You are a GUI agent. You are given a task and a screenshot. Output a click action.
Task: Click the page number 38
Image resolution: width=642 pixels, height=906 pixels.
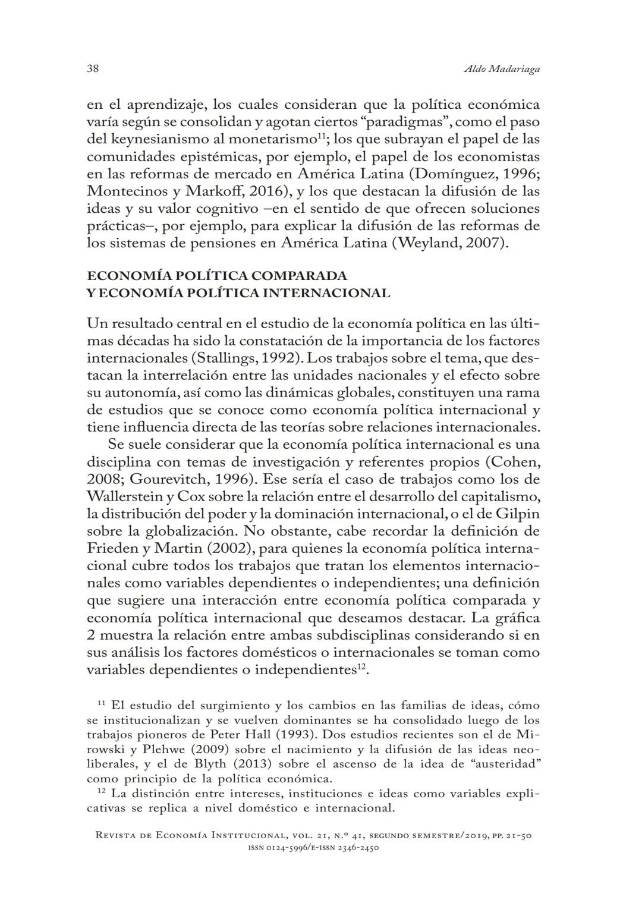coord(93,68)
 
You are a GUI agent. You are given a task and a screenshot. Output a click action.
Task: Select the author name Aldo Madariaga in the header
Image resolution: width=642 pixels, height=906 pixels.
coord(501,69)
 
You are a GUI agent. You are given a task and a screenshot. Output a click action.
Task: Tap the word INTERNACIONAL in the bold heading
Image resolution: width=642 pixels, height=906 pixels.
coord(326,293)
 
